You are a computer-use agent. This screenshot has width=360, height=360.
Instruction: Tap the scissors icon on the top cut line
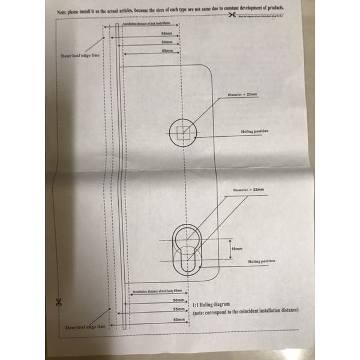tap(232, 14)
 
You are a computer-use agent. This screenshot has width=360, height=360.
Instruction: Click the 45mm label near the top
tap(167, 52)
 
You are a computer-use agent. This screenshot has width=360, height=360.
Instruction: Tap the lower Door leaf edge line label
tap(86, 328)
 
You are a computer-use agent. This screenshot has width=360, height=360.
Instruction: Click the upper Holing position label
tap(254, 130)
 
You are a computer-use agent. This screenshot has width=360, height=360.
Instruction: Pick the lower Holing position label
tap(262, 262)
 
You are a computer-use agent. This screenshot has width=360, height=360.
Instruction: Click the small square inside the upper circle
tap(184, 132)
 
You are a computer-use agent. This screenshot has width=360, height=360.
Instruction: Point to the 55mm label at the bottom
tap(178, 308)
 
